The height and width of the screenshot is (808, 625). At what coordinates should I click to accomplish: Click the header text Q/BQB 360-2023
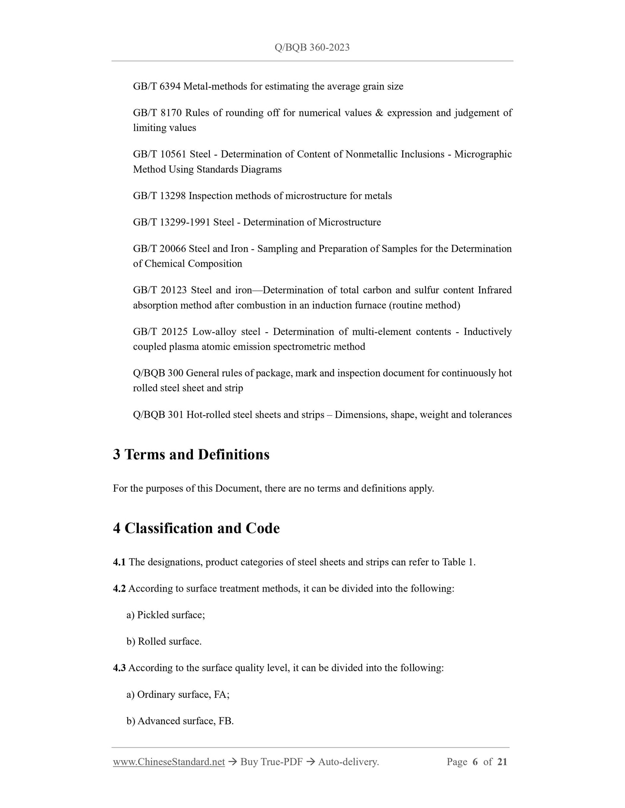312,48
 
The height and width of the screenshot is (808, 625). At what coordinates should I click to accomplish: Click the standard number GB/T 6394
157,86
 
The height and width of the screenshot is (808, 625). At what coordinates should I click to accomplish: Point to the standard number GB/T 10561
160,154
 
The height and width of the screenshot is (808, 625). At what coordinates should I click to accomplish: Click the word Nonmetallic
372,154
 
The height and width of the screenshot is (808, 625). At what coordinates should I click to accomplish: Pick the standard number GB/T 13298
159,196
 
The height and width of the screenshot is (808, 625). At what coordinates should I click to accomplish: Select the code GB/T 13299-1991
172,222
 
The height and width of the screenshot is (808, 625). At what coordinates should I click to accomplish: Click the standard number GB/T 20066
159,248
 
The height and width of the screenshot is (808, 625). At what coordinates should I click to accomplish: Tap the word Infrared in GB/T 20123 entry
494,290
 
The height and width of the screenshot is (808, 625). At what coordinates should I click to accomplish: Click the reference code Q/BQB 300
158,373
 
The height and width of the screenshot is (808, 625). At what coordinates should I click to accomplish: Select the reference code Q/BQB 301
158,415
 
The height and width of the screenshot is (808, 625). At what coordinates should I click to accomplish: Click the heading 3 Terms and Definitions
191,455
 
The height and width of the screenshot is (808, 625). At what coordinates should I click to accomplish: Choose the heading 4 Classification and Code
196,528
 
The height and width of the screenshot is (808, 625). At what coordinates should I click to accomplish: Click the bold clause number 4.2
119,589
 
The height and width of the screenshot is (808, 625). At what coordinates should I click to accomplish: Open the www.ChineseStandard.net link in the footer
169,762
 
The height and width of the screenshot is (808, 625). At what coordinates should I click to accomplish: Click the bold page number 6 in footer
475,762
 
